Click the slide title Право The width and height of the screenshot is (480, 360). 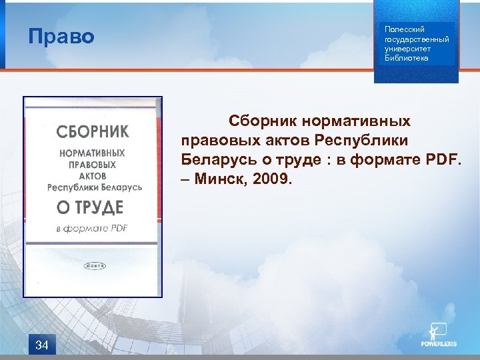[x=61, y=36]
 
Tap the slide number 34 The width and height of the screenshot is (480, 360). [x=41, y=345]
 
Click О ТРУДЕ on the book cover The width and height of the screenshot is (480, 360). [x=90, y=207]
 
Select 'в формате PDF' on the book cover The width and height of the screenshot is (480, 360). [x=91, y=229]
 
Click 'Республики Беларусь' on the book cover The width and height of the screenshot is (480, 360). [x=94, y=188]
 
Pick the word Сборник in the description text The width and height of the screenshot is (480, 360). [x=263, y=122]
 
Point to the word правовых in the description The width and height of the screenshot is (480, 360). [x=214, y=141]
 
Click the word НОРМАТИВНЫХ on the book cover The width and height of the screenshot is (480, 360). [x=92, y=153]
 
